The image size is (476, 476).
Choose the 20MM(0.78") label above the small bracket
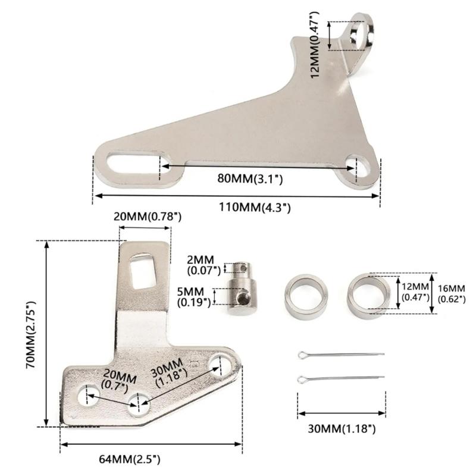click(147, 217)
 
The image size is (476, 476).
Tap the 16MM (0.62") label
click(447, 293)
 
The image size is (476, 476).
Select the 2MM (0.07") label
click(204, 266)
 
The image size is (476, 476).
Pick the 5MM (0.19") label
click(195, 297)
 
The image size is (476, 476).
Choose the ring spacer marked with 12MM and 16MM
click(369, 293)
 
